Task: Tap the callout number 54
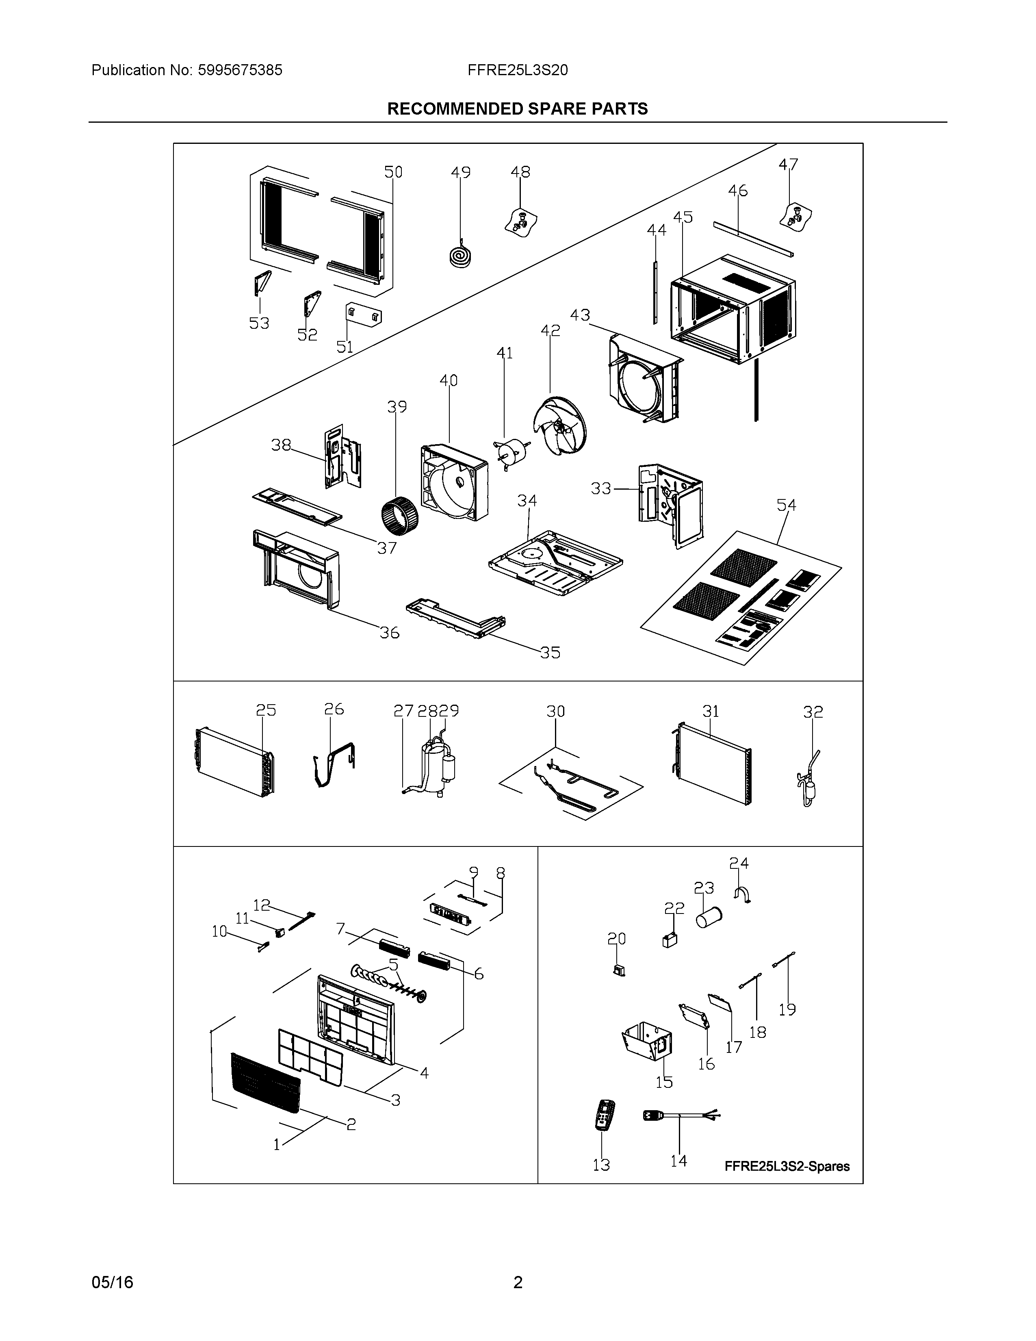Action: click(x=786, y=506)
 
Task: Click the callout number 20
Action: click(x=616, y=938)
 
